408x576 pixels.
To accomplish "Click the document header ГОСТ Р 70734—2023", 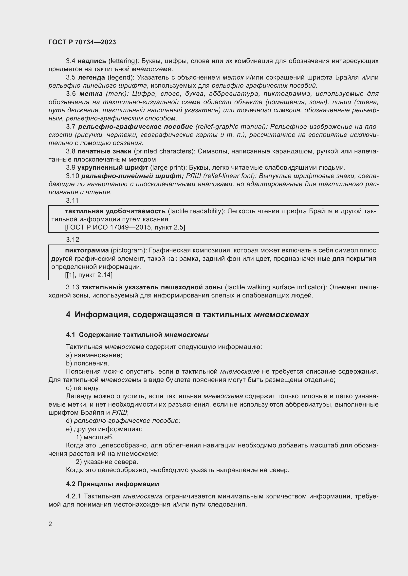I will (x=82, y=42).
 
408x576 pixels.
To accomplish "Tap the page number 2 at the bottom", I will (x=50, y=524).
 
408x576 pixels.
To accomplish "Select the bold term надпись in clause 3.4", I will (x=92, y=61).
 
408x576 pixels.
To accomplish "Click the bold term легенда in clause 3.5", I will (x=92, y=78).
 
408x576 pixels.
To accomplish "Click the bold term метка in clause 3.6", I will (x=91, y=94).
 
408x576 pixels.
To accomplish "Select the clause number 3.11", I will (x=72, y=200).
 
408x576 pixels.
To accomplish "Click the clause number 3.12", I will (x=73, y=240).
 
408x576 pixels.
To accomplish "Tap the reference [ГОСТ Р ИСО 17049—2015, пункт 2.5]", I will (x=125, y=228).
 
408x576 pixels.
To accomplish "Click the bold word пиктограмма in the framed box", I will (x=87, y=250).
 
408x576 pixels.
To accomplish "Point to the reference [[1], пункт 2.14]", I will (x=89, y=275).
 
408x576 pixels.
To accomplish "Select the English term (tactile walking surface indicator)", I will (x=276, y=287).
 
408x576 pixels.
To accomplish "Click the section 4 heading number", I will (x=68, y=314).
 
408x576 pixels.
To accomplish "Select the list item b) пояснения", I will (x=88, y=363).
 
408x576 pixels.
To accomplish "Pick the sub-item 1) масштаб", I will (x=95, y=437).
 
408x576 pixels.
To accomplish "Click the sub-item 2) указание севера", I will (x=107, y=461).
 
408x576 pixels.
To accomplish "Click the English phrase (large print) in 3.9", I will (x=168, y=168).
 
